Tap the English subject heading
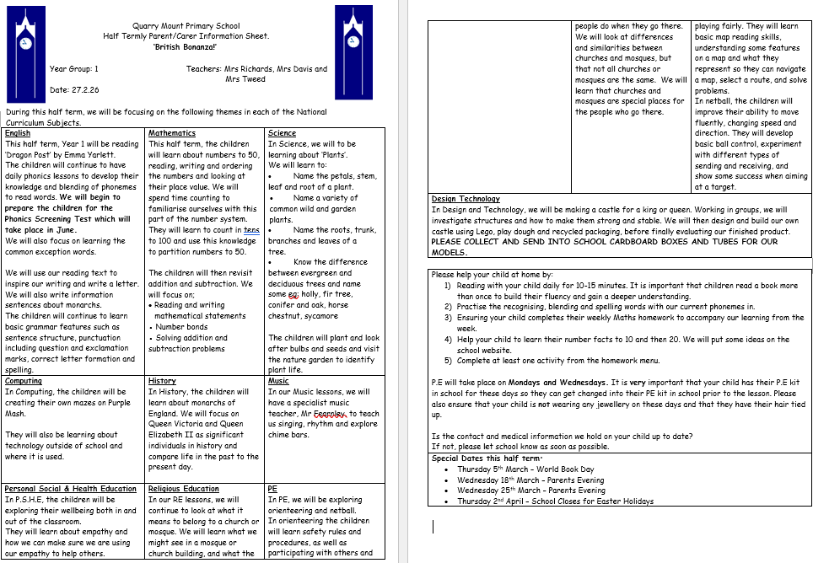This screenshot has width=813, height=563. [18, 133]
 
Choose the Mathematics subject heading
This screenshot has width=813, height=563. [171, 133]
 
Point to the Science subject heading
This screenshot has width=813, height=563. [282, 133]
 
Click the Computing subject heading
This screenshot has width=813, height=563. [24, 381]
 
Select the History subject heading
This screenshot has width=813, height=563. [162, 381]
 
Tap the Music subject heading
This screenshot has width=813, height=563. [278, 381]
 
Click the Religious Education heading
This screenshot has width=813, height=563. [183, 489]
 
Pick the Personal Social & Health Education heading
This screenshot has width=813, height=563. [70, 489]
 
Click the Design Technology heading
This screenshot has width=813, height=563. [465, 200]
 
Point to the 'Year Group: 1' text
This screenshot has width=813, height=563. [74, 69]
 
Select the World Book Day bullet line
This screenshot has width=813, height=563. [525, 469]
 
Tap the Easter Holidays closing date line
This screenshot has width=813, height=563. [555, 501]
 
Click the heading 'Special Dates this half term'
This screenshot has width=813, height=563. [485, 458]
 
